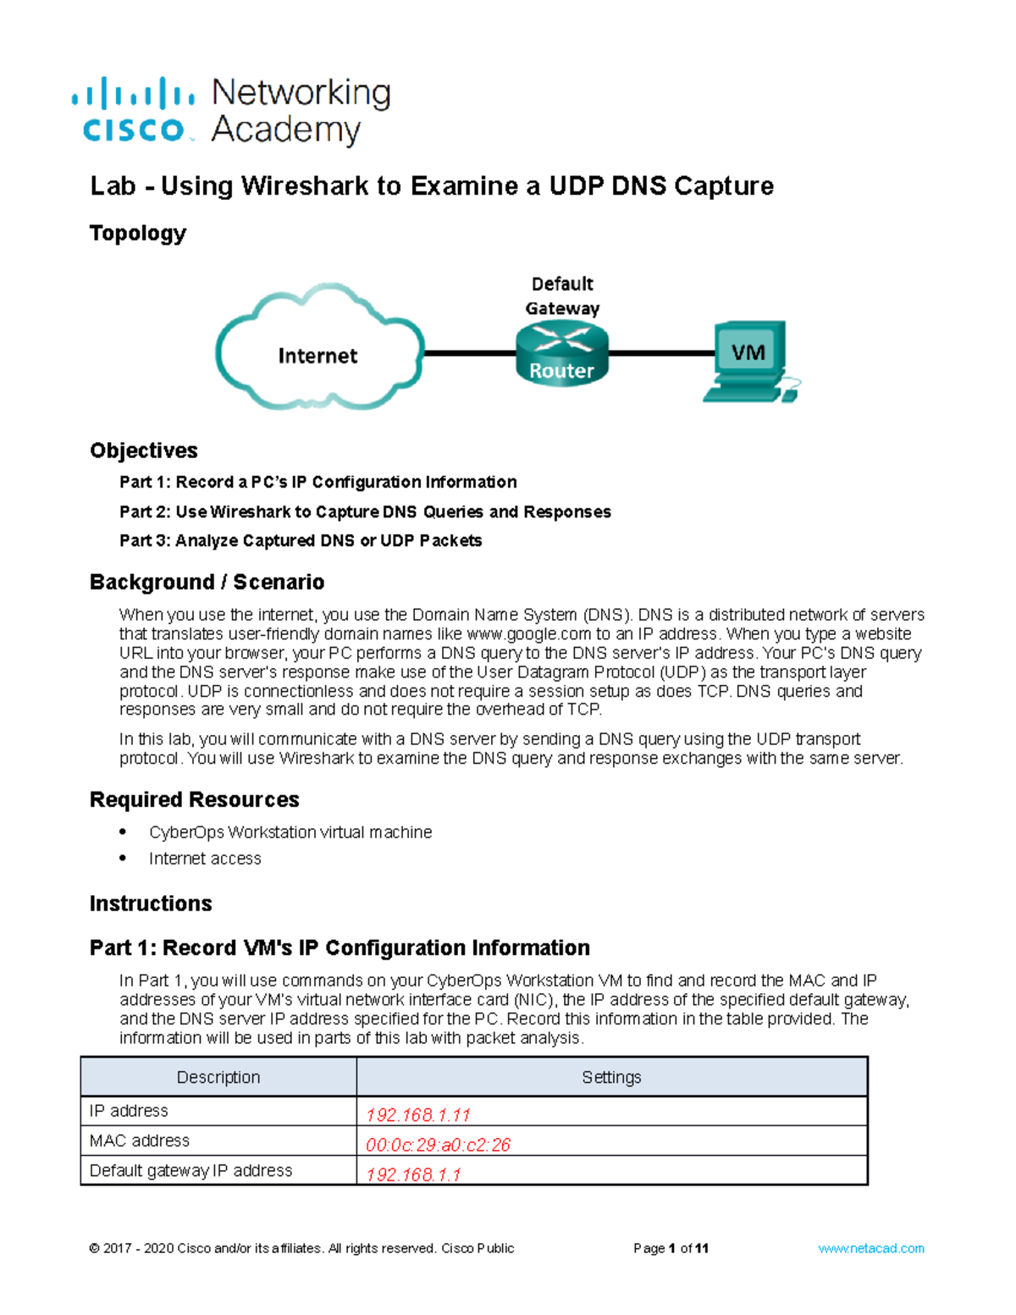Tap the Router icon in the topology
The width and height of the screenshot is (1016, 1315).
pos(561,354)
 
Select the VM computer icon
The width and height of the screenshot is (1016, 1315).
pos(749,361)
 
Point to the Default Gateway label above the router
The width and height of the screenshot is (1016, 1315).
pos(562,296)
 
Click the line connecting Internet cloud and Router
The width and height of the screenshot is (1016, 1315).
pos(470,353)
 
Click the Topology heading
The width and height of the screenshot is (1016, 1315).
pos(138,233)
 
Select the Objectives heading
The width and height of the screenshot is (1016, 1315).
pos(144,450)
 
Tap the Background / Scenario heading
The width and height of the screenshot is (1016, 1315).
pos(207,582)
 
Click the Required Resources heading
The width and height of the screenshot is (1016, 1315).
pos(195,799)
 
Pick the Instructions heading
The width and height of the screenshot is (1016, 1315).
pos(151,903)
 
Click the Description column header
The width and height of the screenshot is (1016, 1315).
pos(218,1077)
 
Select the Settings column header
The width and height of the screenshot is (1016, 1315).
pos(611,1077)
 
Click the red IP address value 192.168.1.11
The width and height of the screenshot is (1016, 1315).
pos(417,1114)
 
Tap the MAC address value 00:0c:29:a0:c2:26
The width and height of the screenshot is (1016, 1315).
pos(438,1145)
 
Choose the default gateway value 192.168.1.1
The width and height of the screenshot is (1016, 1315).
pos(413,1174)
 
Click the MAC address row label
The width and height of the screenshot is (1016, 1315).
pos(140,1141)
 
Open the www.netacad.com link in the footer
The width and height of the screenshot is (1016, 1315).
pos(870,1248)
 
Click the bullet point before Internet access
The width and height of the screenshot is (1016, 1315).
pos(124,858)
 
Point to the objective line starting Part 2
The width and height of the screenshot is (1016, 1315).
pos(365,511)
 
